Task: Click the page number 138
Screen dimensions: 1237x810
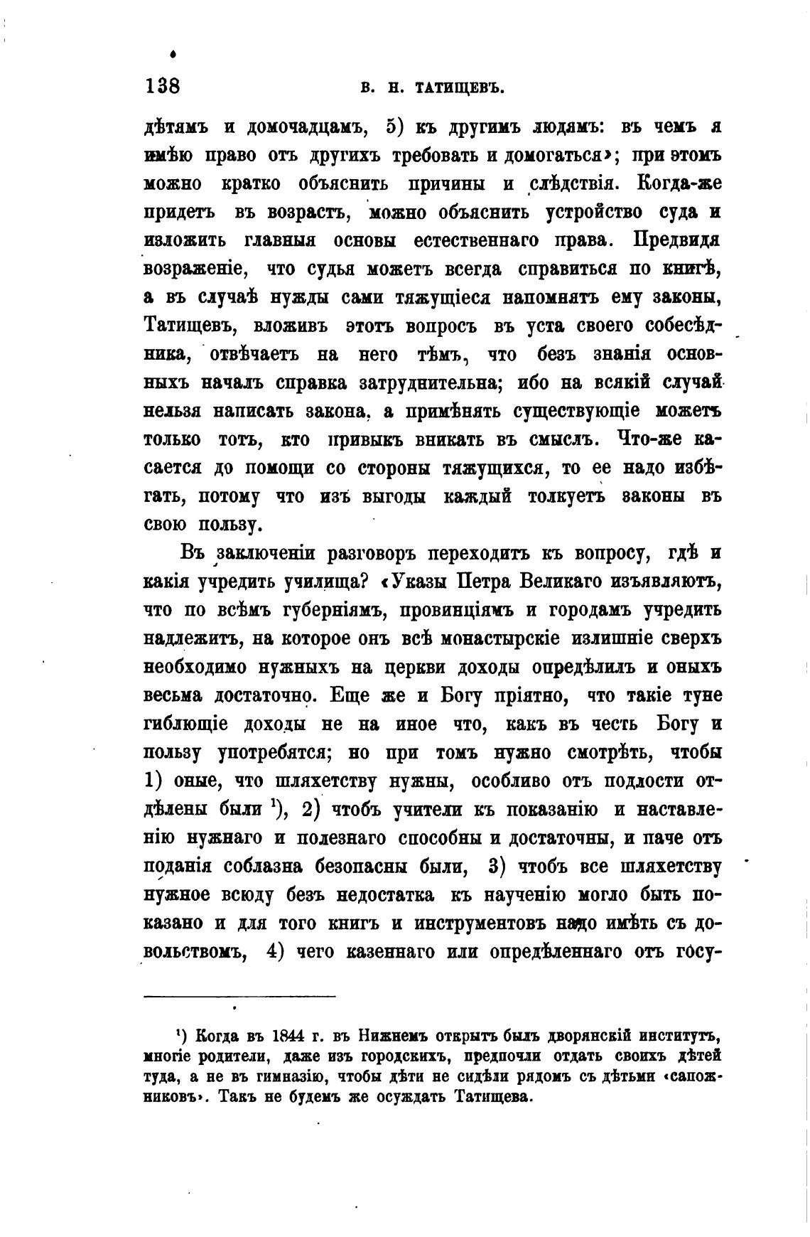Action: [x=163, y=87]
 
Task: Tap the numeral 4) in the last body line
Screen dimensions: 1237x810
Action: [x=274, y=952]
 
